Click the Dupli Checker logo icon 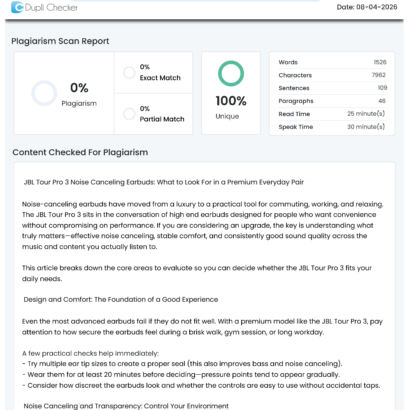17,7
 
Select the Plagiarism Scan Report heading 60,41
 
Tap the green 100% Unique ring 231,74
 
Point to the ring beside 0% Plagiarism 44,93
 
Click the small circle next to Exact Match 129,73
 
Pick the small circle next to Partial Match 129,114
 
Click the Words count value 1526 380,62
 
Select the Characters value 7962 379,75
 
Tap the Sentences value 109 382,88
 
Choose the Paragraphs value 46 382,101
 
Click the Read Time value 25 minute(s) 366,114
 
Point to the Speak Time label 295,127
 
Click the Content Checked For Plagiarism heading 80,152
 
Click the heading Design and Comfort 121,299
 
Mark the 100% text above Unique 231,101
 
